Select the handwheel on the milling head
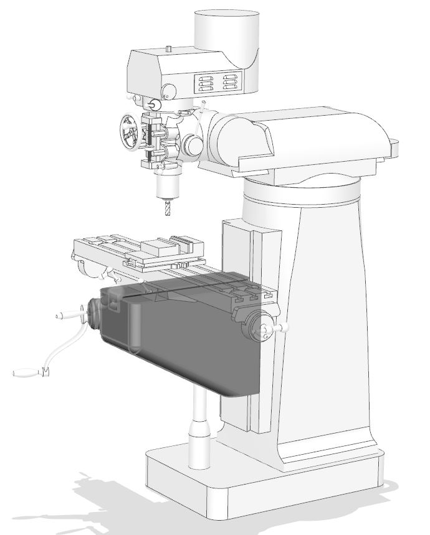130,132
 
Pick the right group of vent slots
231,83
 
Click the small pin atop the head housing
169,48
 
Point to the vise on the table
168,248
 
